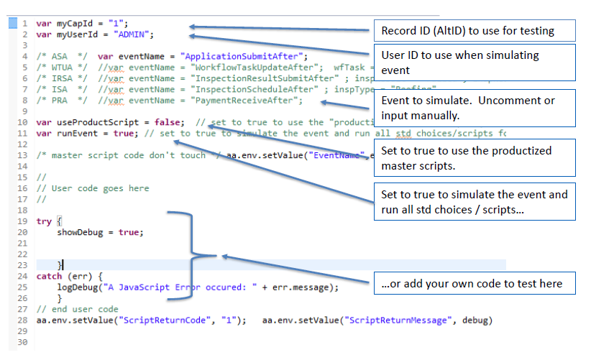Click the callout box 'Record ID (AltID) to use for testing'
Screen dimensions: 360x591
[472, 30]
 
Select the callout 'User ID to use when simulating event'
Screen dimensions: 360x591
[472, 63]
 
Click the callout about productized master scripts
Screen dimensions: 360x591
[472, 157]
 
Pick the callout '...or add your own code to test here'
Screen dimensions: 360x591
[472, 284]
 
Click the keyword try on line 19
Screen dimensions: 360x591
[44, 221]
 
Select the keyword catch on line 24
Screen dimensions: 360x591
[49, 276]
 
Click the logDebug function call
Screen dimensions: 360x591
[78, 287]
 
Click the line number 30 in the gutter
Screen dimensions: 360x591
[23, 342]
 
